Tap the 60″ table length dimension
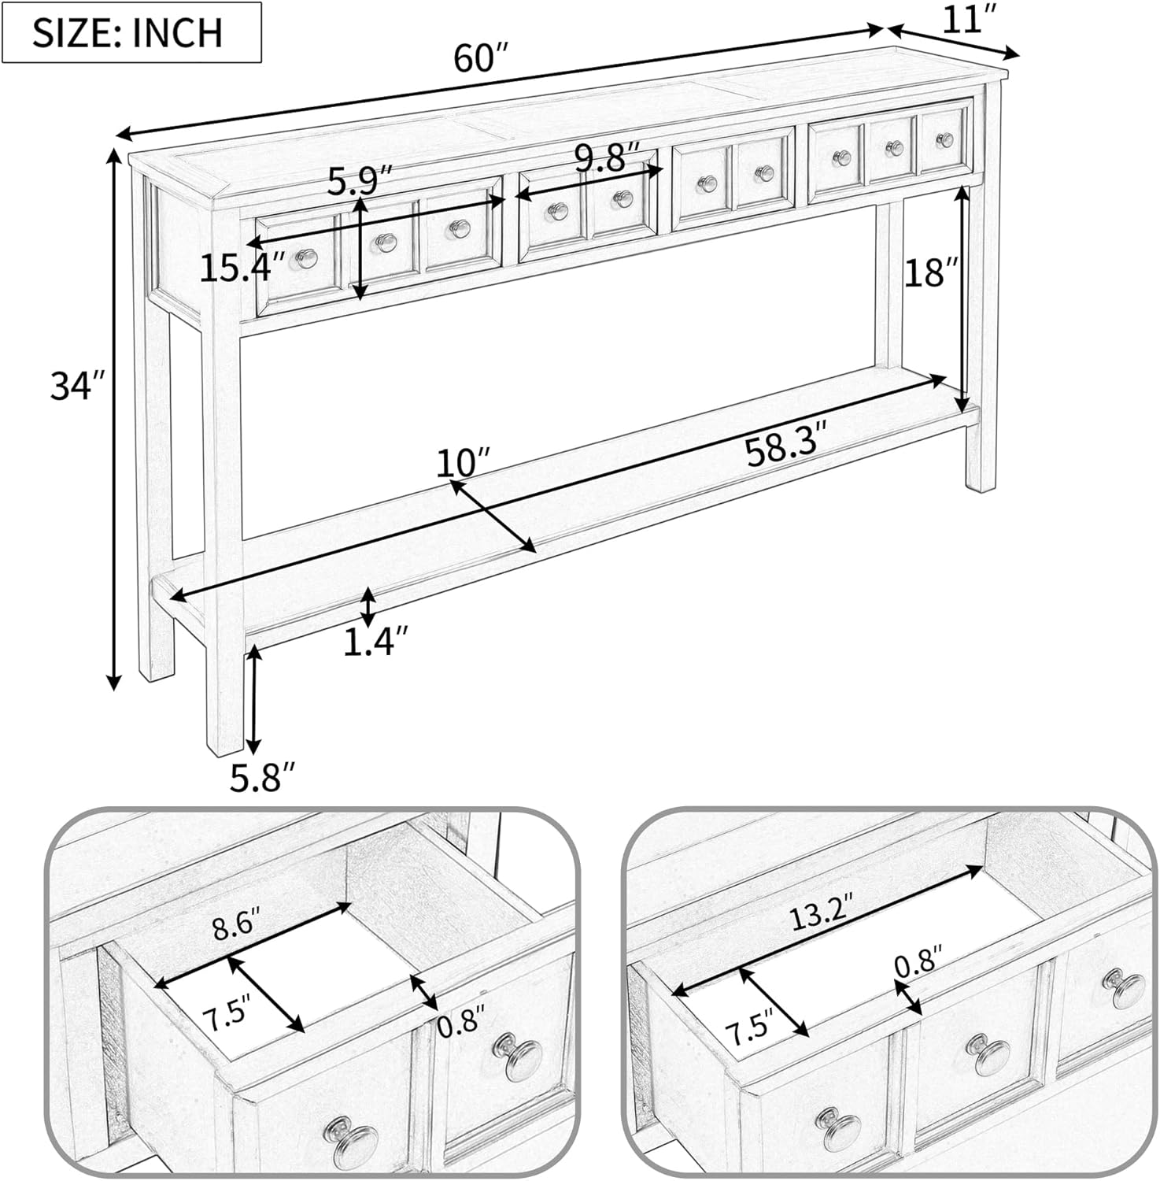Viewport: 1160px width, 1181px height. pyautogui.click(x=482, y=58)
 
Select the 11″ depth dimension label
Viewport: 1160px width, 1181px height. pyautogui.click(x=964, y=19)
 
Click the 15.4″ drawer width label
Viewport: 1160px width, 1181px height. pyautogui.click(x=241, y=268)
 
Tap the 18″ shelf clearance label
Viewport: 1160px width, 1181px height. pyautogui.click(x=932, y=273)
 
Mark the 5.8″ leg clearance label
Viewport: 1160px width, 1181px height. pyautogui.click(x=263, y=779)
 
